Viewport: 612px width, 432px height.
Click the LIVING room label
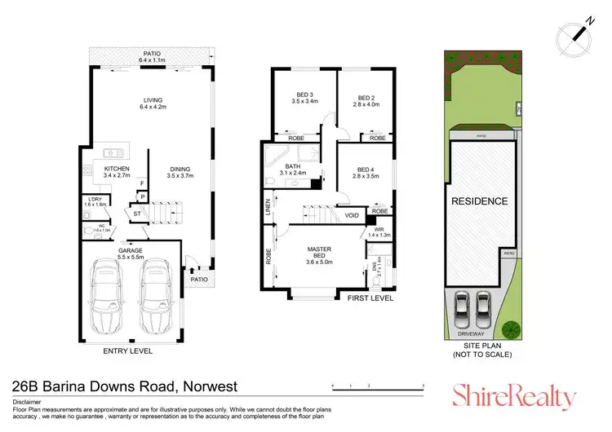point(153,103)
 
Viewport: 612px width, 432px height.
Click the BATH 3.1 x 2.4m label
point(291,170)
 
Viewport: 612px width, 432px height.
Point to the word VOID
point(352,216)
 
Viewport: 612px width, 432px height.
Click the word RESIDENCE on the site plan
point(480,201)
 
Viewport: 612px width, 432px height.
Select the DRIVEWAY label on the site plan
point(470,333)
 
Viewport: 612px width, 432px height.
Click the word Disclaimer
point(29,402)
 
